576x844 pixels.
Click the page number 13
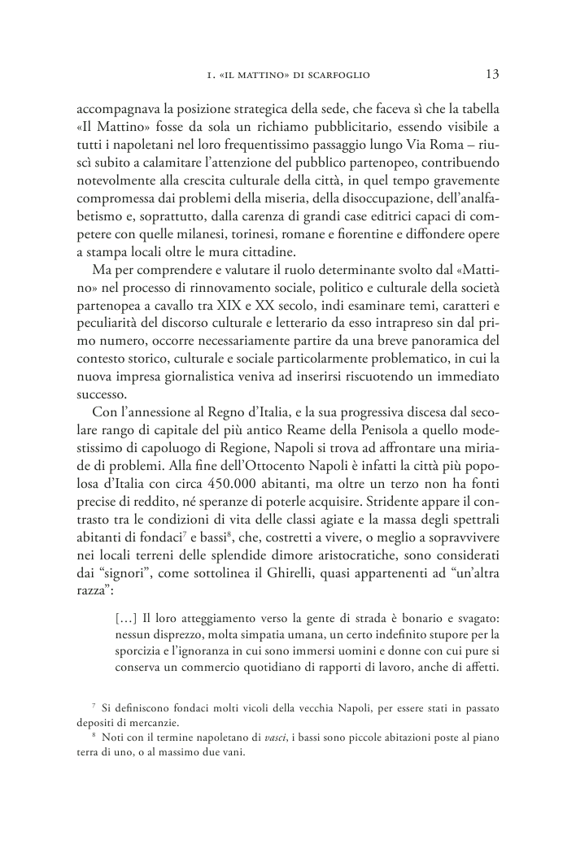pyautogui.click(x=491, y=74)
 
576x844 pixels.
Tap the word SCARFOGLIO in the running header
pyautogui.click(x=336, y=76)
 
